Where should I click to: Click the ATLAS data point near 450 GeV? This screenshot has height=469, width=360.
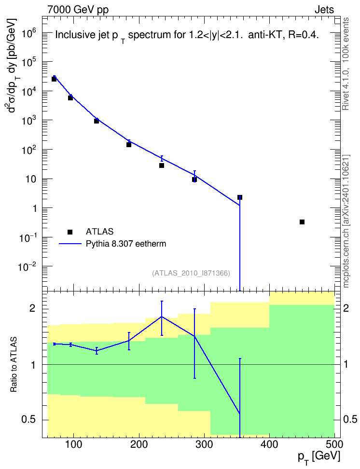302,222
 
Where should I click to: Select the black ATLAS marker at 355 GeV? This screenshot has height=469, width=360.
240,197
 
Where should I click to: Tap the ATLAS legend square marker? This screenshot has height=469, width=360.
70,232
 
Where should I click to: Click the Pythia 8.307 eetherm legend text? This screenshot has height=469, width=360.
125,244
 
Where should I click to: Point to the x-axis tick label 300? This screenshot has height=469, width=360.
204,444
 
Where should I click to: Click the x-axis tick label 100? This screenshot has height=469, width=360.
74,444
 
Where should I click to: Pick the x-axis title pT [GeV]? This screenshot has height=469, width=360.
319,457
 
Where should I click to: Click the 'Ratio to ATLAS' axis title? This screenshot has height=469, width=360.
14,365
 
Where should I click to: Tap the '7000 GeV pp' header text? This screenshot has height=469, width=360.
78,10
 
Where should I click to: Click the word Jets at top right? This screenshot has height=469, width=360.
324,10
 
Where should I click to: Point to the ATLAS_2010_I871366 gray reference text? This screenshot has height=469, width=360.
191,273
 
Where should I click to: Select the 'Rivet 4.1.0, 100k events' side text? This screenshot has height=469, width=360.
346,64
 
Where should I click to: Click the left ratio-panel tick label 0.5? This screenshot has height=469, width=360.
29,419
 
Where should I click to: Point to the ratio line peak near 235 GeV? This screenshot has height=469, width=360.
162,317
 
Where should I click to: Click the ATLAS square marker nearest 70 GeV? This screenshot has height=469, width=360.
54,79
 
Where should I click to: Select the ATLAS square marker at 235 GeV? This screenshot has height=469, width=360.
162,166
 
